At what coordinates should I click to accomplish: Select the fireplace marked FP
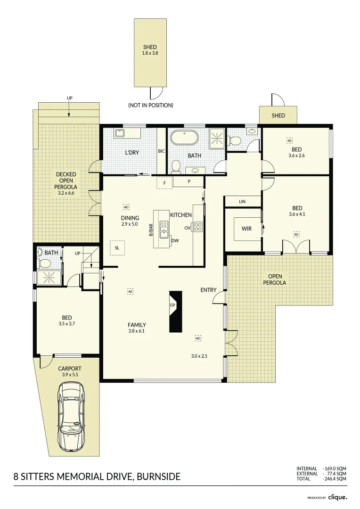click(x=175, y=312)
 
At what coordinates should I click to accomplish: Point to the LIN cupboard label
click(x=242, y=202)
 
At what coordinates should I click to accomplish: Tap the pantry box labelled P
click(x=188, y=181)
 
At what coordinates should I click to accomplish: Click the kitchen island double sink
click(x=164, y=230)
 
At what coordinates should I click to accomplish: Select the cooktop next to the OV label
click(x=198, y=227)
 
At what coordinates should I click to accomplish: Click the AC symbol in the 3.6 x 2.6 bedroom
click(x=290, y=140)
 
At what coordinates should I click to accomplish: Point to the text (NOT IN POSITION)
click(x=150, y=105)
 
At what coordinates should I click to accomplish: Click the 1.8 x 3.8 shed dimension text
click(x=150, y=53)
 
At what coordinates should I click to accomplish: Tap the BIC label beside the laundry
click(x=161, y=151)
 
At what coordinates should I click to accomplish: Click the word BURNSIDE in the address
click(x=158, y=476)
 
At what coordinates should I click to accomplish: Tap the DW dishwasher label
click(x=175, y=240)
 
